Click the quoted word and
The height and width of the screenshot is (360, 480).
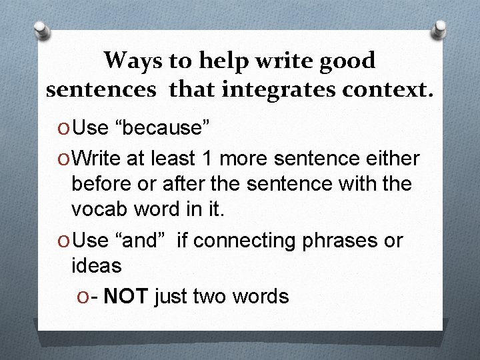(140, 240)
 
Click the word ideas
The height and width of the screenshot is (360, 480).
(97, 265)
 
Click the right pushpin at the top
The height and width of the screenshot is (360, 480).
(441, 29)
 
